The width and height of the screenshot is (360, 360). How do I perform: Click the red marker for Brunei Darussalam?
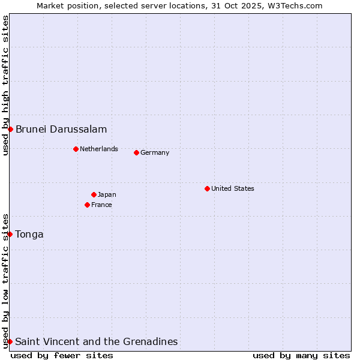tap(10, 129)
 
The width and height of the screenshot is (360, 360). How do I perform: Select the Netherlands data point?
tap(76, 149)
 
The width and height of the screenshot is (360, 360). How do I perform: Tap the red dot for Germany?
tap(136, 152)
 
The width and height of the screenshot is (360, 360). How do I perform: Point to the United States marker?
tap(207, 188)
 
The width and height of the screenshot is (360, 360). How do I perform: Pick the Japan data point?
tap(94, 194)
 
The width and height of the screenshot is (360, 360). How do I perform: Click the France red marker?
tap(87, 205)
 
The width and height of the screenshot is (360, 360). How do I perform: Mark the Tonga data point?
tap(10, 234)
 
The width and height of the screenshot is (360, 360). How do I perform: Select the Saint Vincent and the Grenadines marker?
tap(10, 341)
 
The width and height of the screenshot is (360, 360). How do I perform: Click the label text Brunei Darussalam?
tap(61, 129)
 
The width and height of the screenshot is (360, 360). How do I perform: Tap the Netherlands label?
tap(99, 149)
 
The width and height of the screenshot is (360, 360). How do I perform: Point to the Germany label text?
tap(155, 152)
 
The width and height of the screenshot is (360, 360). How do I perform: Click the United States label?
tap(233, 188)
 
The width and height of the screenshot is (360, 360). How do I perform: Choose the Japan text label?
tap(107, 194)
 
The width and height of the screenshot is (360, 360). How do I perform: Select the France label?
tap(101, 205)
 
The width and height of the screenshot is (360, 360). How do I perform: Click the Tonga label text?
tap(29, 234)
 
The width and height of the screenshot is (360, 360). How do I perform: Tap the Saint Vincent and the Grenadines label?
tap(97, 341)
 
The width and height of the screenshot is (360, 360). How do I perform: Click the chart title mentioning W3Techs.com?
tap(180, 5)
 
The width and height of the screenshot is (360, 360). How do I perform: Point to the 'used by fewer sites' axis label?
tap(62, 355)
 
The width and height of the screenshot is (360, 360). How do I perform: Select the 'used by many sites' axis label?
tap(301, 355)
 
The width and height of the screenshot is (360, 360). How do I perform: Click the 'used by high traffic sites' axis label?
tap(5, 85)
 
